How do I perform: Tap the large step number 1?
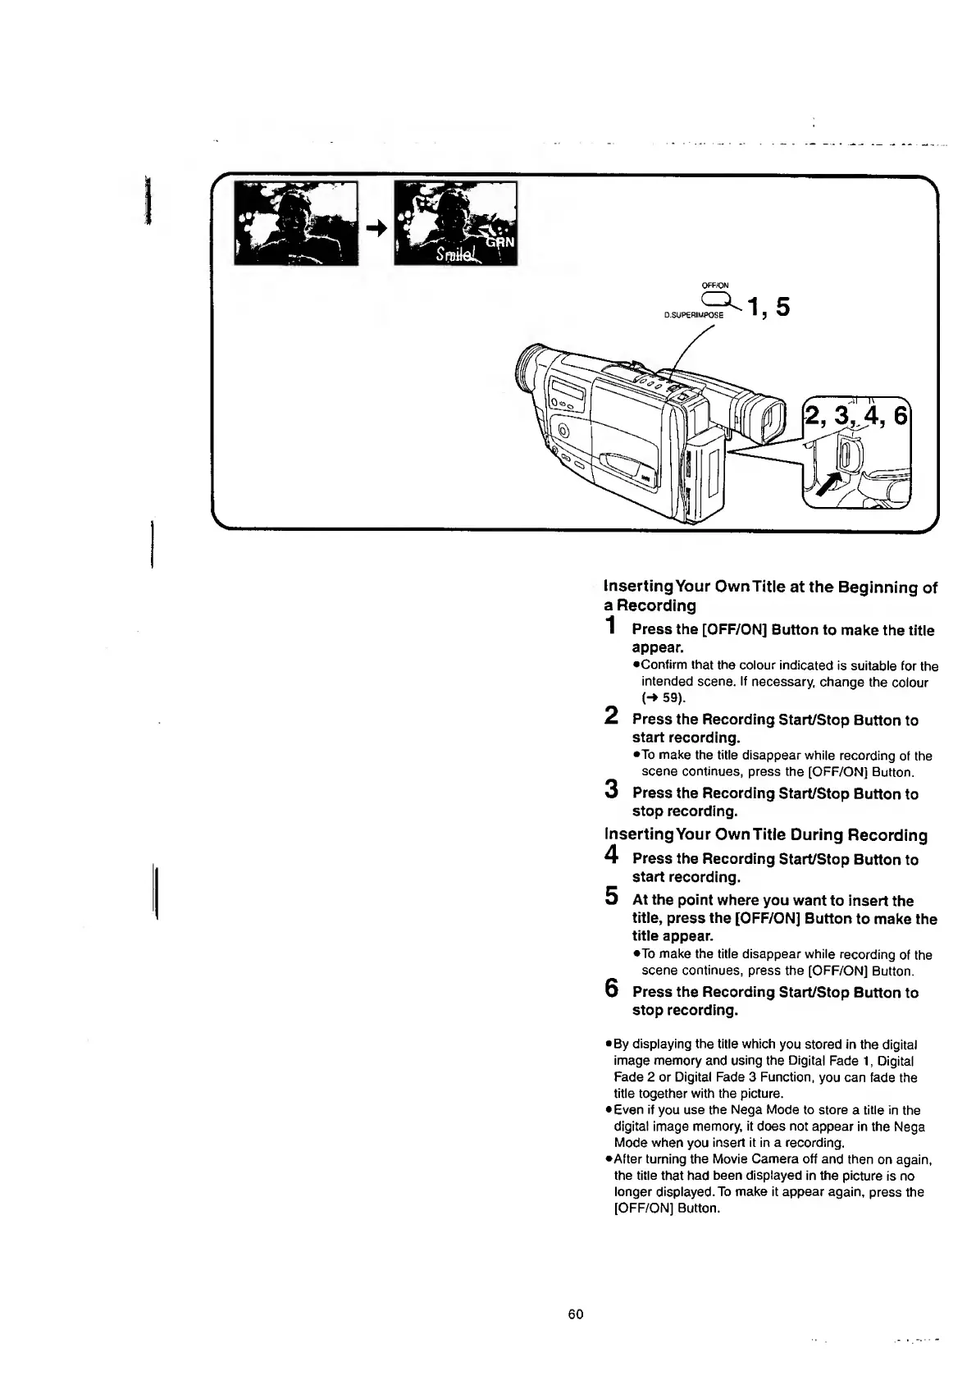[609, 627]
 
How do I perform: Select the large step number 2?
[610, 715]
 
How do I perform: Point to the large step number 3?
[610, 789]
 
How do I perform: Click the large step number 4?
[610, 855]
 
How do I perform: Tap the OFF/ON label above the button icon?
[715, 286]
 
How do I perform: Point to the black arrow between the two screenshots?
[376, 230]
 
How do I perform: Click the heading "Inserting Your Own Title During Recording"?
[765, 835]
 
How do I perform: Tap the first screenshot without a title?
[296, 223]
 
